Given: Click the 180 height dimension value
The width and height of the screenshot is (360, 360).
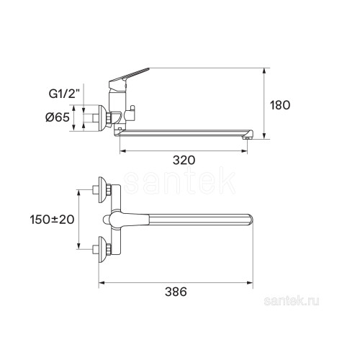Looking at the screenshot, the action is (280, 105).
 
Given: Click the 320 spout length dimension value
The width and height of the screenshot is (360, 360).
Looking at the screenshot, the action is (184, 160).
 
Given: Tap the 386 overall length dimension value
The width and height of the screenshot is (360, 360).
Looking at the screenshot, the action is (176, 292).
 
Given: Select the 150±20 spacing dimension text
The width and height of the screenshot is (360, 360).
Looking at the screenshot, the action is (52, 220).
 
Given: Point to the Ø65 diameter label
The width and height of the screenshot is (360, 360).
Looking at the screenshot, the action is (58, 117).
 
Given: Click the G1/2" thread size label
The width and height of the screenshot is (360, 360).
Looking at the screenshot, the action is (64, 94).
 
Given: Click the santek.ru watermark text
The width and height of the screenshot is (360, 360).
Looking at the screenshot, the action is (292, 301).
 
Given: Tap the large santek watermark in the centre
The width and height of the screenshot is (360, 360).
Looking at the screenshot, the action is (180, 181).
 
